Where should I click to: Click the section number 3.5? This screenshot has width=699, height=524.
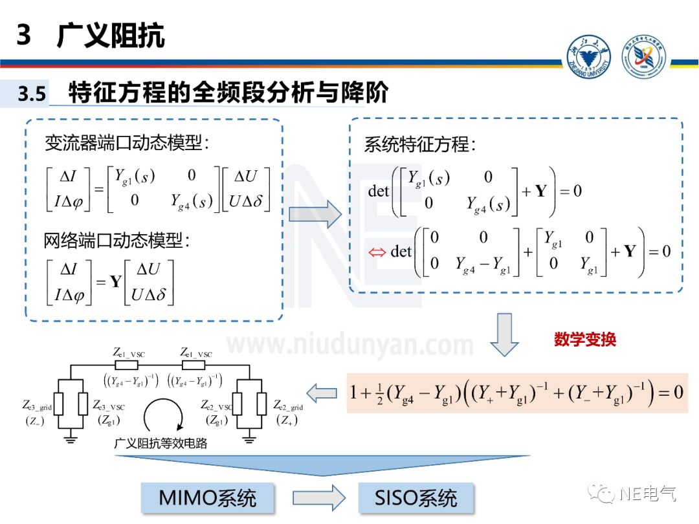click(x=32, y=94)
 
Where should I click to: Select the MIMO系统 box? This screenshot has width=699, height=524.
click(x=207, y=497)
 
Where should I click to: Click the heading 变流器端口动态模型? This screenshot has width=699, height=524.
click(x=127, y=143)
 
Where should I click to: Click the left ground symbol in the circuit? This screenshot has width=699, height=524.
click(x=71, y=440)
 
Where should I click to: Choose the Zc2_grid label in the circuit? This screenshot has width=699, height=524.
click(x=288, y=406)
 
